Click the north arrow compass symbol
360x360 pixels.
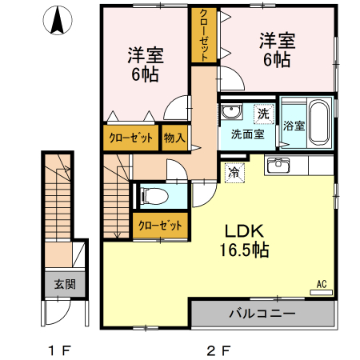58,20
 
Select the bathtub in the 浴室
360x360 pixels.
319,122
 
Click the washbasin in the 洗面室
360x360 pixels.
232,111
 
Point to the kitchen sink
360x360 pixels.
278,165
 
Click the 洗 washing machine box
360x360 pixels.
264,114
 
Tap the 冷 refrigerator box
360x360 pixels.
234,173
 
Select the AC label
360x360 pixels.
322,284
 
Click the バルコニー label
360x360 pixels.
262,313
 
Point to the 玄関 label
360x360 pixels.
65,285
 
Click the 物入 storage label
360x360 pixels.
174,138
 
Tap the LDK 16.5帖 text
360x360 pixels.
244,241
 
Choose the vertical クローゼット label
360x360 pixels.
204,34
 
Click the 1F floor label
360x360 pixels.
59,350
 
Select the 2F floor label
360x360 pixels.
218,350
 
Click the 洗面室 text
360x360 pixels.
248,134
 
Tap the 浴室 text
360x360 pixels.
294,126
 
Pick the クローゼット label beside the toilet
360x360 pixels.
160,226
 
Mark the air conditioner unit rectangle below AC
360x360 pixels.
321,293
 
